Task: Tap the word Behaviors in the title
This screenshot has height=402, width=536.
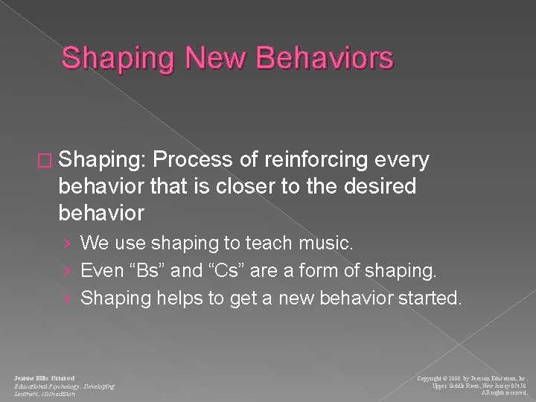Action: pos(325,58)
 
